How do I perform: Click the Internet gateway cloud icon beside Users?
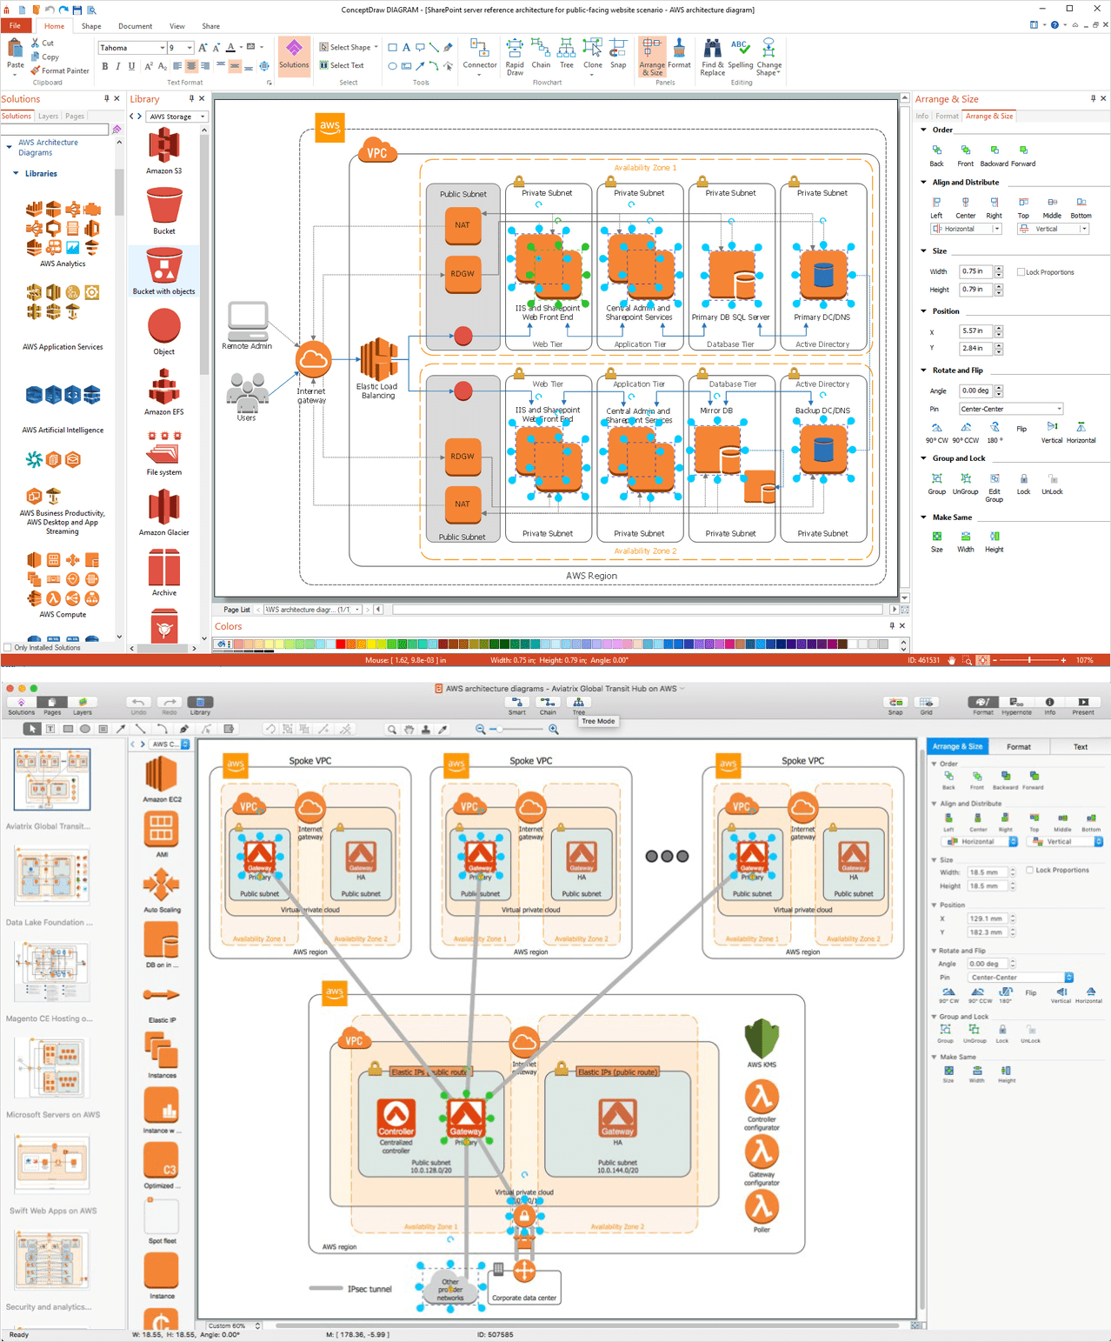click(x=313, y=358)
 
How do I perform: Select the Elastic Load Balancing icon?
click(x=378, y=359)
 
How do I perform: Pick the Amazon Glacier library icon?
click(x=163, y=507)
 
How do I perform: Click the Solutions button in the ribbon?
click(x=294, y=55)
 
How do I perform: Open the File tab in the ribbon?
click(x=15, y=26)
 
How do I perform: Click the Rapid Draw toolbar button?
click(x=515, y=57)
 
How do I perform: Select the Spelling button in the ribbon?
click(x=740, y=57)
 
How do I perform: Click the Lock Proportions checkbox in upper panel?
click(x=1021, y=272)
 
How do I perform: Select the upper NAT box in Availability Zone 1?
click(x=462, y=225)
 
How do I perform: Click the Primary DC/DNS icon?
click(x=822, y=275)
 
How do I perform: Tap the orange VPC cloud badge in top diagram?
click(x=376, y=152)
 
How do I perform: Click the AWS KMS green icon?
click(x=762, y=1038)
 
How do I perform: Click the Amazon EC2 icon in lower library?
click(x=162, y=773)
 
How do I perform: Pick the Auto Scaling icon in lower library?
click(x=162, y=886)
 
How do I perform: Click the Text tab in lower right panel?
click(x=1080, y=747)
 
